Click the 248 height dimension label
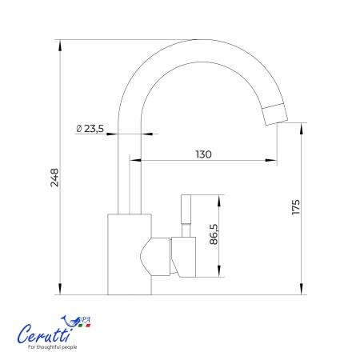pyautogui.click(x=54, y=178)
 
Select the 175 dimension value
pyautogui.click(x=296, y=206)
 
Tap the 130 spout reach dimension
pyautogui.click(x=203, y=154)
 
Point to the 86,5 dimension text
pyautogui.click(x=214, y=234)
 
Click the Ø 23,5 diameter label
pyautogui.click(x=90, y=129)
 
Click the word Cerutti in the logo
pyautogui.click(x=46, y=334)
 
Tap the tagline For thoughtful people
pyautogui.click(x=53, y=347)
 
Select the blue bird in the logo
pyautogui.click(x=70, y=321)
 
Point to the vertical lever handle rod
pyautogui.click(x=186, y=209)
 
